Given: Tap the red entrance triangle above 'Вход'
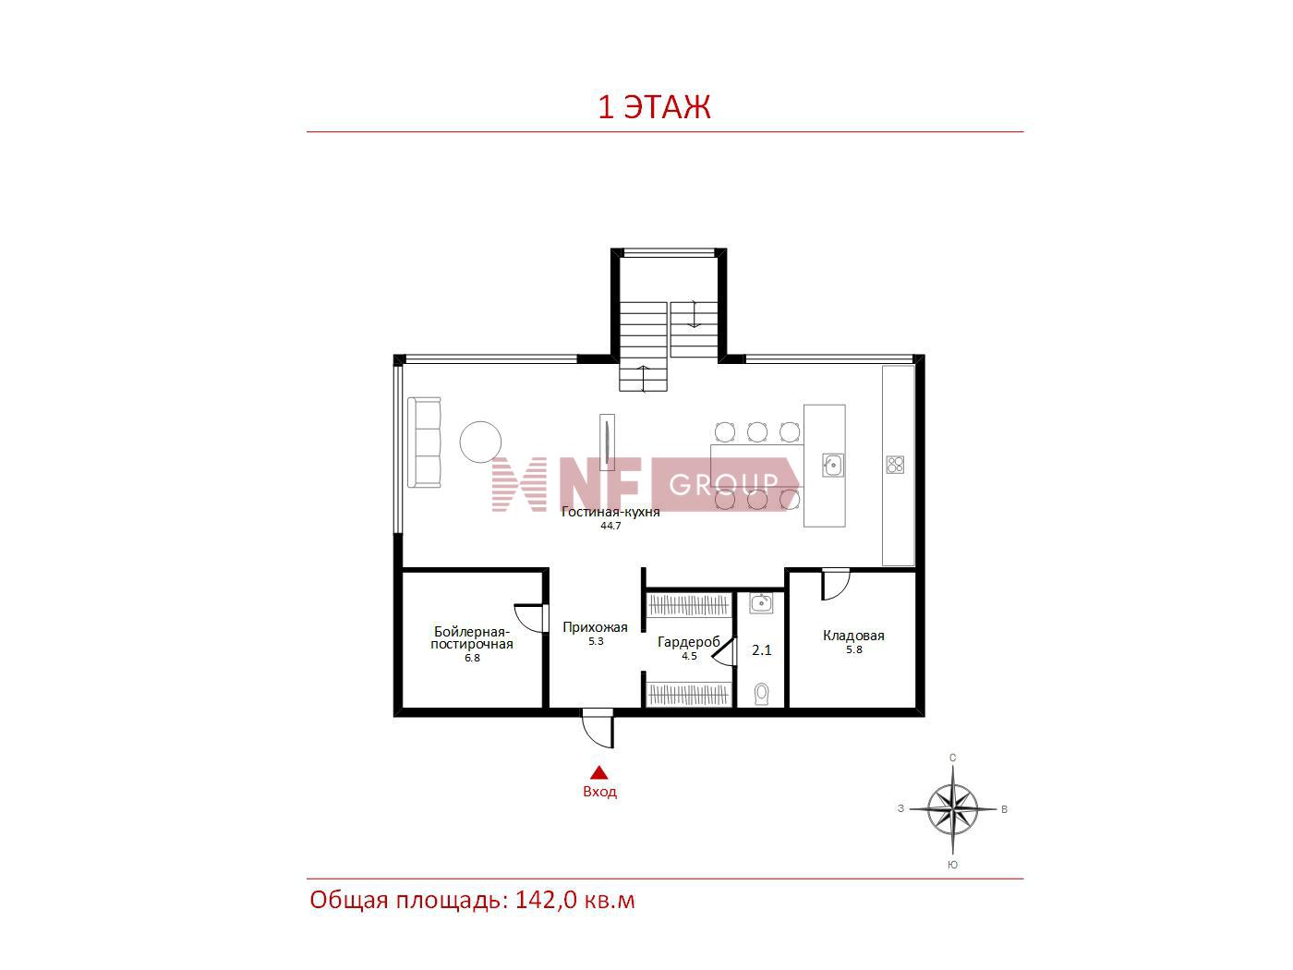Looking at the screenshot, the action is [x=599, y=772].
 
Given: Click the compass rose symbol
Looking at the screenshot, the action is [x=952, y=809].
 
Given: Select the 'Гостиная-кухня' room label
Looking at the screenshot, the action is [x=610, y=512].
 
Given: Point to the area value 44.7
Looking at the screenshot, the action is [x=610, y=526].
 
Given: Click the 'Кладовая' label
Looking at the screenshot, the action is [x=853, y=636].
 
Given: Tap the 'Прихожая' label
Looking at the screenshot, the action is [x=595, y=627].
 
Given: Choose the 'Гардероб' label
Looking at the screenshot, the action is [x=689, y=642].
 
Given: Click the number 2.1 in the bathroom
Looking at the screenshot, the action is [x=762, y=650].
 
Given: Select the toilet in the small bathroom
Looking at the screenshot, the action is [x=762, y=695].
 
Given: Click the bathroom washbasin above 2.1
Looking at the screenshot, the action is [x=761, y=603].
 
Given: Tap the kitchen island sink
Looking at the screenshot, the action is [x=833, y=466].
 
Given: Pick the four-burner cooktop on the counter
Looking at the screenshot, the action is [x=895, y=465].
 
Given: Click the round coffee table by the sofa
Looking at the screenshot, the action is [x=480, y=442].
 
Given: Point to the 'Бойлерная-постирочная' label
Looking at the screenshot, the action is [x=472, y=637].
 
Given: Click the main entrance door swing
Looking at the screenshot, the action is [x=597, y=729].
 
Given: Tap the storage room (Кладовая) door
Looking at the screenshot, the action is [x=835, y=584].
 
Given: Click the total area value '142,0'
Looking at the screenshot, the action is [x=546, y=901].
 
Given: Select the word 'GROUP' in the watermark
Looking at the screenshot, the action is [x=724, y=485].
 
